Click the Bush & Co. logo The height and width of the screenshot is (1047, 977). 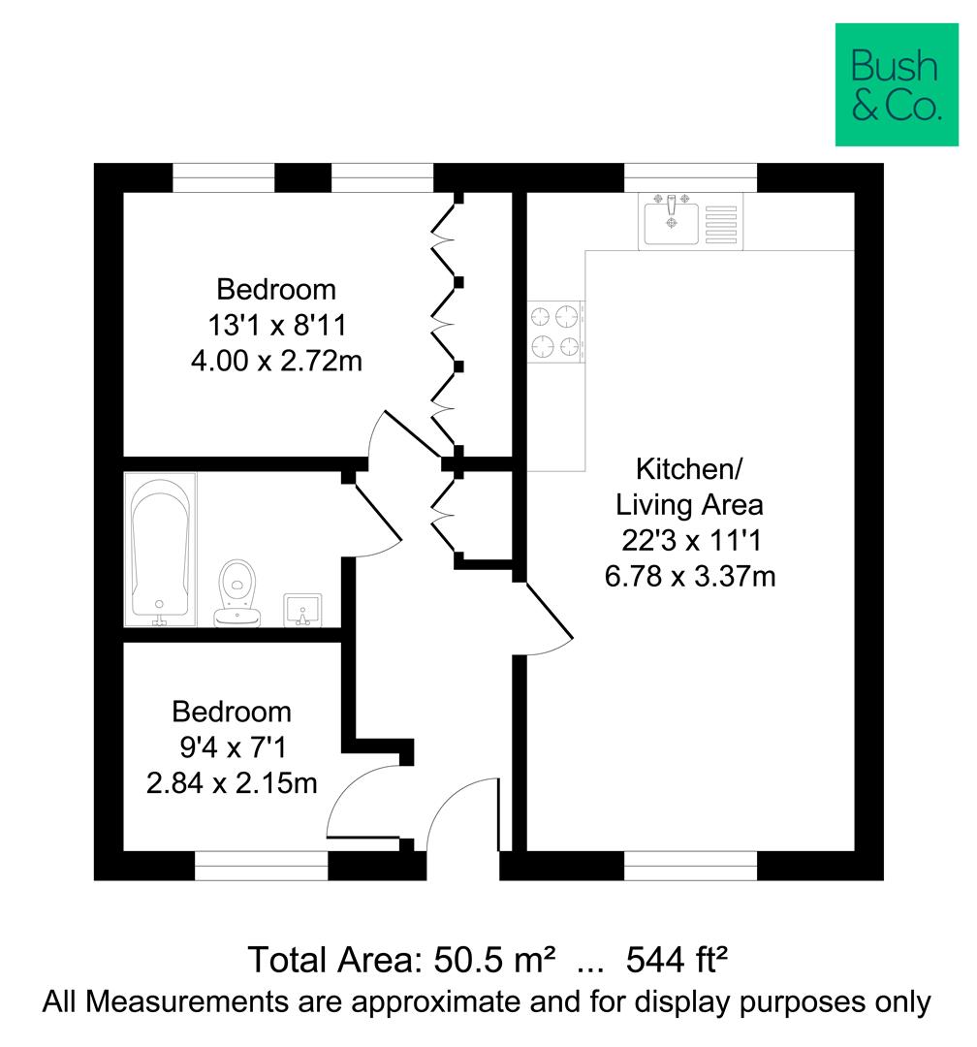pyautogui.click(x=896, y=85)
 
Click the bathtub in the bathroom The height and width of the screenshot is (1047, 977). pyautogui.click(x=160, y=549)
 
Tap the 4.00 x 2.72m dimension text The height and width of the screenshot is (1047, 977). pyautogui.click(x=276, y=362)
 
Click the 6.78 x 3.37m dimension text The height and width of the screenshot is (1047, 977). pyautogui.click(x=689, y=577)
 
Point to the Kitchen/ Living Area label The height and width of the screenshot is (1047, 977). pyautogui.click(x=689, y=487)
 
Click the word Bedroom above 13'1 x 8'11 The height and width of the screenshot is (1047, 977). pyautogui.click(x=276, y=289)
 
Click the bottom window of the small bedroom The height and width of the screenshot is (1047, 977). pyautogui.click(x=262, y=866)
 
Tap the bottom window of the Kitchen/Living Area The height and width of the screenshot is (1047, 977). pyautogui.click(x=689, y=866)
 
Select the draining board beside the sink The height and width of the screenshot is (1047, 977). pyautogui.click(x=722, y=221)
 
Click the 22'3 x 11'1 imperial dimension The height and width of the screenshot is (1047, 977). pyautogui.click(x=689, y=541)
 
